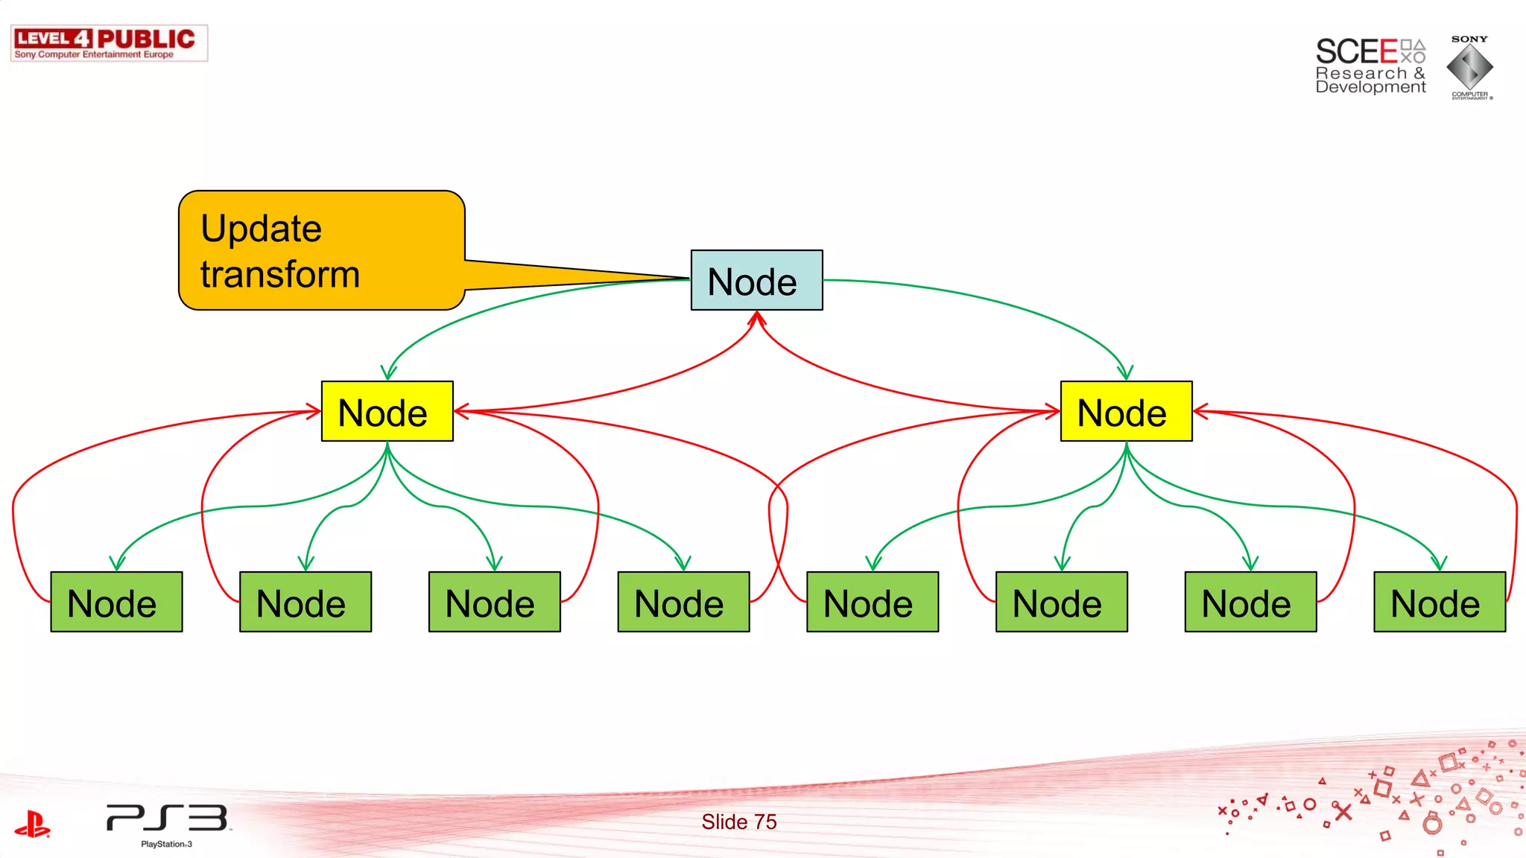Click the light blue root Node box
click(x=756, y=280)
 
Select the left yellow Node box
click(x=387, y=411)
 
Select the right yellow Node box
click(x=1126, y=411)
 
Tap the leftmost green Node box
click(x=116, y=602)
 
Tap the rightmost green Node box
click(x=1440, y=602)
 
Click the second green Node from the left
click(x=305, y=602)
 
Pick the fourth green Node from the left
click(x=683, y=602)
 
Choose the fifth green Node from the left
click(x=873, y=602)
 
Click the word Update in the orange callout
click(x=261, y=229)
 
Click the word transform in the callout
click(x=280, y=274)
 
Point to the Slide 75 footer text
click(x=738, y=822)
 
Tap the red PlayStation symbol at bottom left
click(x=32, y=824)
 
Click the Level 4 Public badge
click(x=109, y=43)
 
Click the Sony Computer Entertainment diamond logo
click(x=1469, y=67)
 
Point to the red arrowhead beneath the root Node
click(x=757, y=319)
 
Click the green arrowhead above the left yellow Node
click(x=388, y=372)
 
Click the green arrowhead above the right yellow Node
click(x=1125, y=372)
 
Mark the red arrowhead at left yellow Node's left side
click(x=314, y=411)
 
